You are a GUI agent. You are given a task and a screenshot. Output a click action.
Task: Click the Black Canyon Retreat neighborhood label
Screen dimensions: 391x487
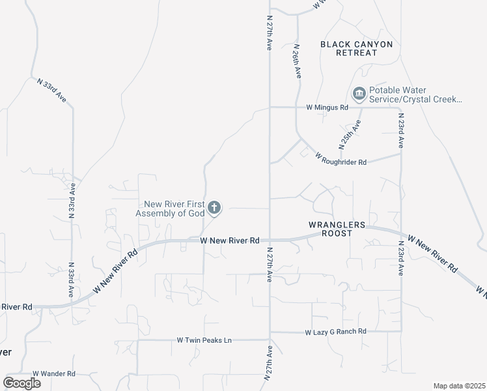coord(357,48)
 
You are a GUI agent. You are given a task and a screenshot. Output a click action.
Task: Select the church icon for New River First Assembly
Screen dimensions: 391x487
coord(214,209)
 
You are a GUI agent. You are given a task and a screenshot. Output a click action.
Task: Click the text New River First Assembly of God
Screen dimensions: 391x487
coord(170,209)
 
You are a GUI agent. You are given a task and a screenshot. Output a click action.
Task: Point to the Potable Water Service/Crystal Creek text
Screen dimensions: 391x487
coord(415,94)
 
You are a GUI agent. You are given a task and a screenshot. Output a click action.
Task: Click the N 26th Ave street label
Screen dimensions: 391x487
coord(297,62)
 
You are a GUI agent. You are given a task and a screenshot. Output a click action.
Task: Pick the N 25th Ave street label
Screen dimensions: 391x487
coord(348,133)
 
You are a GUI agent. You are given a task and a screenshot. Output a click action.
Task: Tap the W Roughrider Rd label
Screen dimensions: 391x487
coord(341,158)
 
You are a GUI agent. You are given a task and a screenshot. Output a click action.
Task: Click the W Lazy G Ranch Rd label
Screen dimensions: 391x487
coord(336,332)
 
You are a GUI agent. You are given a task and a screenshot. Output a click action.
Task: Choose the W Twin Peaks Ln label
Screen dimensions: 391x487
coord(204,340)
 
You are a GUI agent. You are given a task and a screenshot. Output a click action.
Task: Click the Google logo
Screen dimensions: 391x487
coord(21,383)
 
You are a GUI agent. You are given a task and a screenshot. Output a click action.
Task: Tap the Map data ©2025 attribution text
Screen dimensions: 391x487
coord(460,386)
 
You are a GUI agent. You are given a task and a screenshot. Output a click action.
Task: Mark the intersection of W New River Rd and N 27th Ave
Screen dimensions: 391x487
coord(270,240)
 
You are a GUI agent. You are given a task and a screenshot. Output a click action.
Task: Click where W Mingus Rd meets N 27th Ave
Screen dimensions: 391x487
coord(270,107)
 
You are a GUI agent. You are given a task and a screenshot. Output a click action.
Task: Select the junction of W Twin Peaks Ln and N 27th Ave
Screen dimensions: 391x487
coord(270,339)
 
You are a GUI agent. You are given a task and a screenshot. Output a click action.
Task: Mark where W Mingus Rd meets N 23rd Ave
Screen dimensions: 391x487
coord(401,107)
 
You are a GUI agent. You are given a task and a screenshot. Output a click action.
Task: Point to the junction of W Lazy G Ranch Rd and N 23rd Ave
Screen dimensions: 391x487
coord(401,332)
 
